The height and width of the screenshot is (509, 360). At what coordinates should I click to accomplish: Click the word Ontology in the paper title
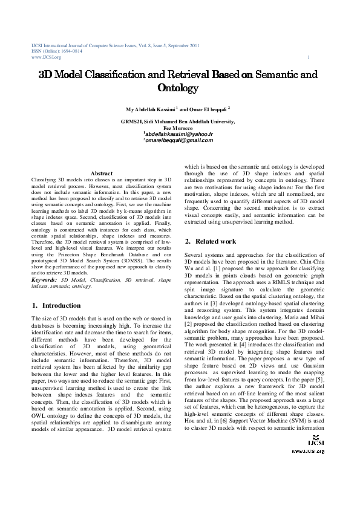[178, 88]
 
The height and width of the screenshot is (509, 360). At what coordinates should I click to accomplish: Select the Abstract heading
[102, 174]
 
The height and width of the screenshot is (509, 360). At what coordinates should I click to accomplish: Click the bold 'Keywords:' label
[44, 280]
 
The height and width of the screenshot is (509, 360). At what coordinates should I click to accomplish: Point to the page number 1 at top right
[309, 57]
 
